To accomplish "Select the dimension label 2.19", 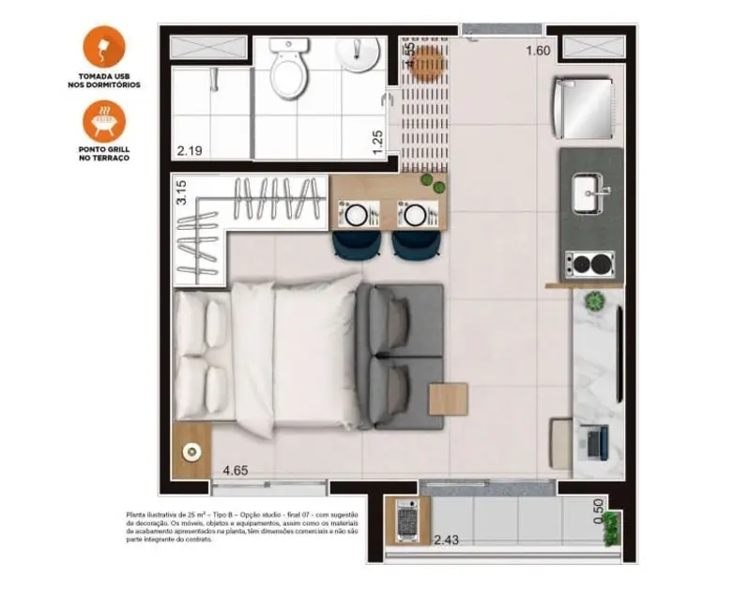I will pyautogui.click(x=191, y=149).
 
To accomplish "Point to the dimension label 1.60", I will pyautogui.click(x=538, y=51).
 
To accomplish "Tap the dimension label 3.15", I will pyautogui.click(x=183, y=191).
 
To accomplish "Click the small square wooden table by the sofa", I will pyautogui.click(x=448, y=399).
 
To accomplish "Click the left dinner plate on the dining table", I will pyautogui.click(x=358, y=215).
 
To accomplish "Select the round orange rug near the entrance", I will pyautogui.click(x=427, y=62).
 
